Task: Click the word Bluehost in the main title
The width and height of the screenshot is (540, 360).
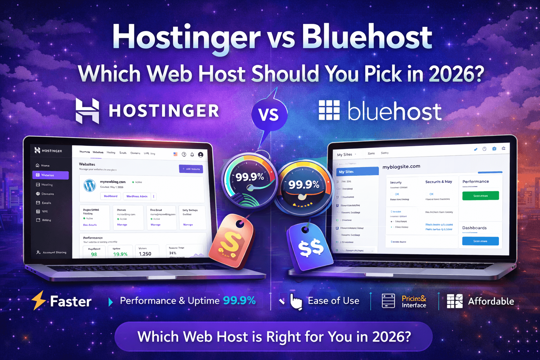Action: point(367,38)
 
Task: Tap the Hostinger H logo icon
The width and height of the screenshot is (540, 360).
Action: point(87,111)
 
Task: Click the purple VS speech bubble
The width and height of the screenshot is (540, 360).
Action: point(269,115)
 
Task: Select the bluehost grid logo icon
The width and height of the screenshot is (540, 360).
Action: point(329,110)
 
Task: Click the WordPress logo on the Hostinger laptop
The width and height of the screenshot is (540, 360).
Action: point(90,185)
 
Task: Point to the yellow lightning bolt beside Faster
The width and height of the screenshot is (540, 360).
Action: point(39,300)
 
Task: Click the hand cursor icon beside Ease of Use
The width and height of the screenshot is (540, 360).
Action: point(296,302)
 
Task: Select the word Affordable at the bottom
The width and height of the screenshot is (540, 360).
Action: point(491,301)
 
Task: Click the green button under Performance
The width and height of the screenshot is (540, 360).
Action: point(480,195)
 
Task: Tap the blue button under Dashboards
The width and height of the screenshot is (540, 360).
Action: point(480,241)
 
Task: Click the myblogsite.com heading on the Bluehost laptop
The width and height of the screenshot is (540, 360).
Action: point(401,166)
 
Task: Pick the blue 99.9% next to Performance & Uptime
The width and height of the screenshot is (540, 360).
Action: point(239,301)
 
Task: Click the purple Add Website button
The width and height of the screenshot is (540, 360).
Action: point(191,169)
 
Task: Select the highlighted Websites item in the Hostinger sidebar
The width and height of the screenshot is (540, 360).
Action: point(50,175)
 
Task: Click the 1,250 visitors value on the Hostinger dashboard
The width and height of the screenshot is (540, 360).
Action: point(145,253)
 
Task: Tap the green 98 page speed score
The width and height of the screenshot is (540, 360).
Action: point(94,254)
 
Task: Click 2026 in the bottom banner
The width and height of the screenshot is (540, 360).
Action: point(391,337)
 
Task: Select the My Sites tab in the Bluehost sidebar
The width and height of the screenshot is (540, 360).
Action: point(356,172)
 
